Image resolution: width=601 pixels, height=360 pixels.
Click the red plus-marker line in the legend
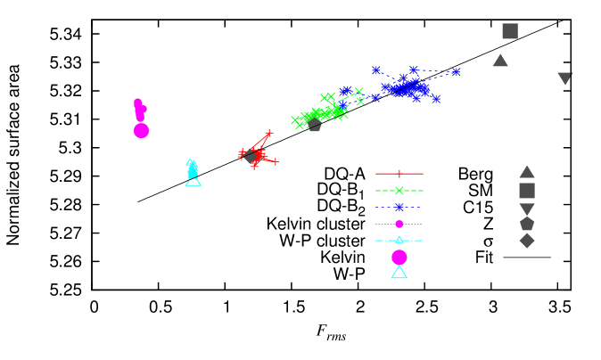point(399,174)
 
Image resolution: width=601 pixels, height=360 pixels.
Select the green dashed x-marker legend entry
point(399,191)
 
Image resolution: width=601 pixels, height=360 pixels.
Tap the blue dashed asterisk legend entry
point(399,208)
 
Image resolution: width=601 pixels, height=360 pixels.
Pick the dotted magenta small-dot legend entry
point(399,224)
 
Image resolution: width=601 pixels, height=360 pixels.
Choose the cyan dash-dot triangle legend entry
point(399,241)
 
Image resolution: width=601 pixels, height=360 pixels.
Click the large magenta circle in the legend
point(399,258)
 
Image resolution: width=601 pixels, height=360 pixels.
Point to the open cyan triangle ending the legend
point(399,273)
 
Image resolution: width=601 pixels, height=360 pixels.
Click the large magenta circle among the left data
point(141,131)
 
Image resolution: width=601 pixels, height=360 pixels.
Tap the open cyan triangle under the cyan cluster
point(193,180)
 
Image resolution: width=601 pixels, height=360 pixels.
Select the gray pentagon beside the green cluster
point(314,125)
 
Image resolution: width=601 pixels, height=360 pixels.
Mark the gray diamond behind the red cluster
point(252,157)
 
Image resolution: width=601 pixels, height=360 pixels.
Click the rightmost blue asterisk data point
point(456,71)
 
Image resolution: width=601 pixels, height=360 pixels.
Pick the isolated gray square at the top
point(510,31)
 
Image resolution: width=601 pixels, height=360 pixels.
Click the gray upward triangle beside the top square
point(500,61)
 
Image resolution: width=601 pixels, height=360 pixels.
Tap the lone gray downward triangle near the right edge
point(564,78)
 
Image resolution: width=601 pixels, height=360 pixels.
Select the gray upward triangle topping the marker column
point(527,172)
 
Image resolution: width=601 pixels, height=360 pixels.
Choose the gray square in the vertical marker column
point(527,191)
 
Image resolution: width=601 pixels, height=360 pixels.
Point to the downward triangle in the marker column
point(527,209)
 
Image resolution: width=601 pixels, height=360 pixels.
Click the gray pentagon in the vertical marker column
point(527,224)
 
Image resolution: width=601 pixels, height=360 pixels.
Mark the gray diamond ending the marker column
point(527,241)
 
